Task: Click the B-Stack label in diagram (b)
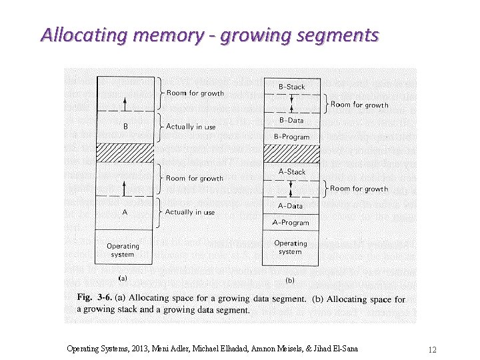[x=291, y=87]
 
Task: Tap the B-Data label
[x=291, y=120]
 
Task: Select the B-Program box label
[x=291, y=137]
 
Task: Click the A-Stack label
[x=291, y=171]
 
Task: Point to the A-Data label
[x=291, y=206]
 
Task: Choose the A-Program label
[x=291, y=223]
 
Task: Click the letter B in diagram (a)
[x=125, y=127]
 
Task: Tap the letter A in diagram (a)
[x=125, y=212]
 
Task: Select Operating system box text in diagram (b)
[x=291, y=247]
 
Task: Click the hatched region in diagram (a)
[x=125, y=153]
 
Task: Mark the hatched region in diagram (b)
[x=291, y=153]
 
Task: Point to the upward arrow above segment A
[x=125, y=189]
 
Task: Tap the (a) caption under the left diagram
[x=123, y=277]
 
